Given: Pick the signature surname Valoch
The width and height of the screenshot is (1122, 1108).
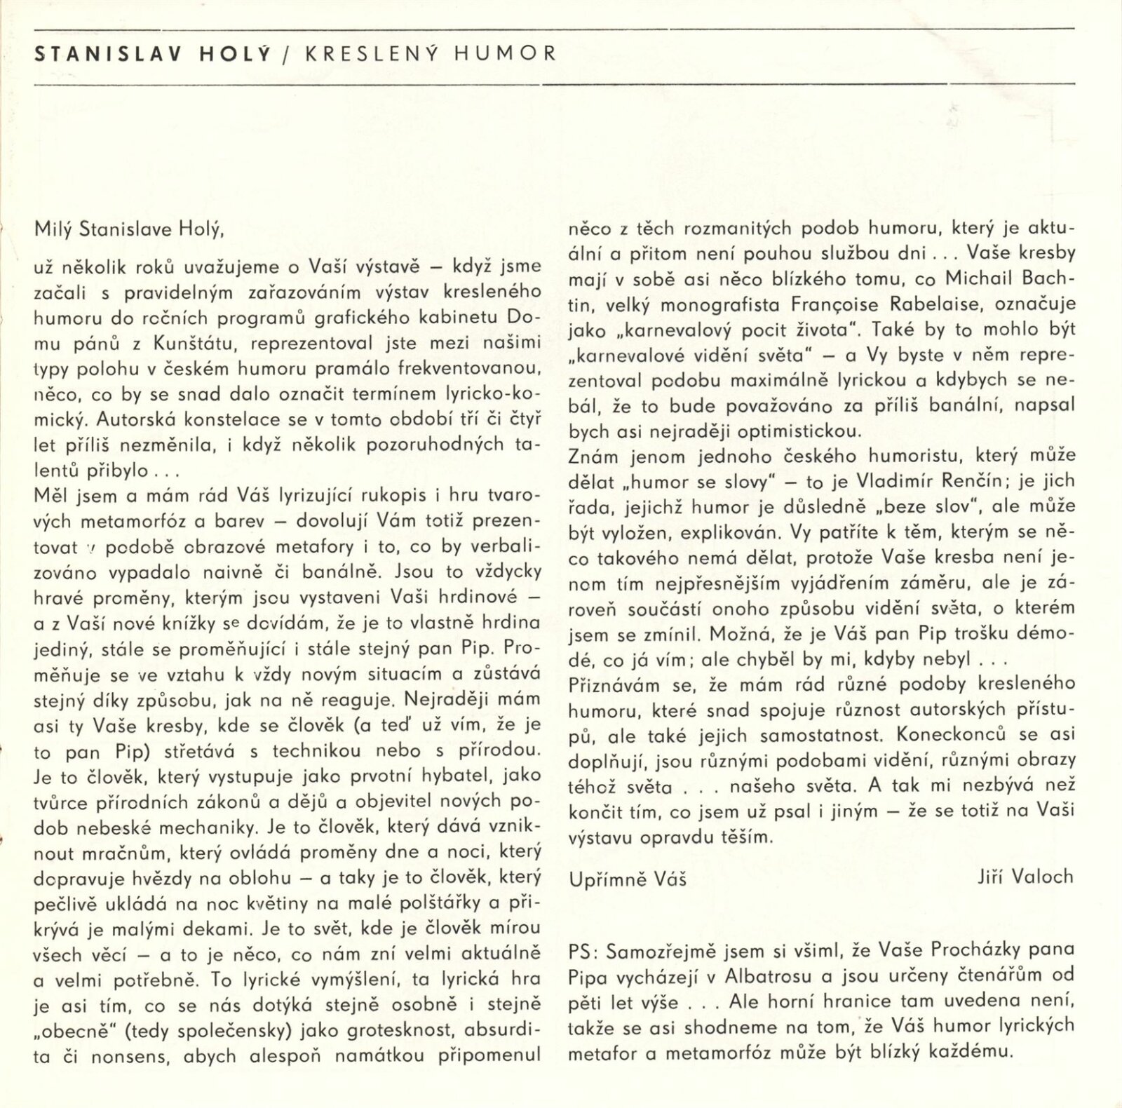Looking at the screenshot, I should click(1043, 876).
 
